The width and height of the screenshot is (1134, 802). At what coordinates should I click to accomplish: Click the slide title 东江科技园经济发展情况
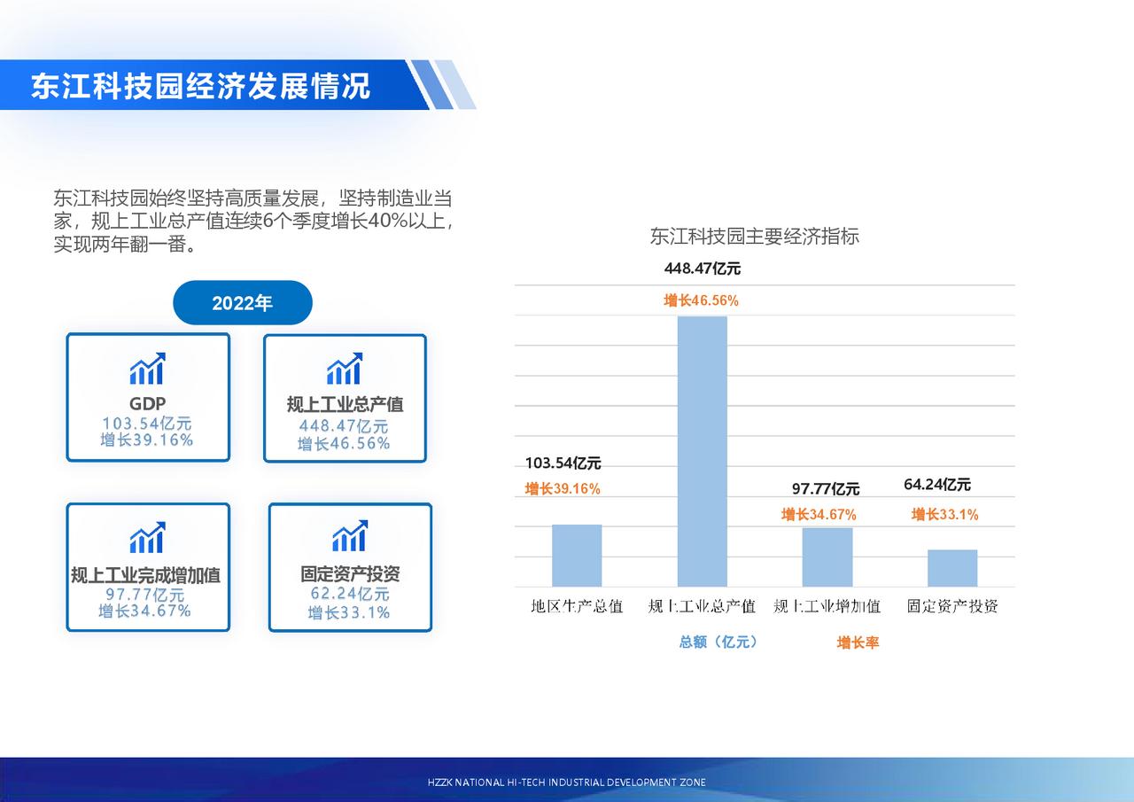(x=200, y=86)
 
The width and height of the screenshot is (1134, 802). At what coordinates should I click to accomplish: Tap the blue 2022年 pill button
(x=243, y=303)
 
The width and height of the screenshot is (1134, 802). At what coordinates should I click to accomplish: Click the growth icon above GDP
(x=148, y=369)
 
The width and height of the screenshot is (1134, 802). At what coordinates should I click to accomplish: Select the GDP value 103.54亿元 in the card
(x=147, y=424)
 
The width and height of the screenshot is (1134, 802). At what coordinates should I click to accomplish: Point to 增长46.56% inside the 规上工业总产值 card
(x=344, y=443)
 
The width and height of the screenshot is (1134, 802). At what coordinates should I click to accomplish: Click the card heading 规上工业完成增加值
(x=146, y=576)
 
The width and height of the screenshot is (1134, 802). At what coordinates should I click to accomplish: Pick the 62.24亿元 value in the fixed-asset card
(x=350, y=594)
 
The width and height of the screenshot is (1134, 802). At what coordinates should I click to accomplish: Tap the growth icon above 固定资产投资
(x=350, y=535)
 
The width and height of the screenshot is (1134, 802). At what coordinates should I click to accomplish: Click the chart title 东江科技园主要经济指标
(x=755, y=237)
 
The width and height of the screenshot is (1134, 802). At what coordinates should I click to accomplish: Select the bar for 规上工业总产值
(x=703, y=452)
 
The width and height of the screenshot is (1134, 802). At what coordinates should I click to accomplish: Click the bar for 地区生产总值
(x=577, y=556)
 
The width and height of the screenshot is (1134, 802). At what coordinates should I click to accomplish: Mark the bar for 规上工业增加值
(x=827, y=557)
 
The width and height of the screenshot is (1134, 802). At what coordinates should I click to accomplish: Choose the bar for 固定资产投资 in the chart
(x=952, y=568)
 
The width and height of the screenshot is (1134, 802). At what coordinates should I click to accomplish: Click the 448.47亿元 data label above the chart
(x=703, y=269)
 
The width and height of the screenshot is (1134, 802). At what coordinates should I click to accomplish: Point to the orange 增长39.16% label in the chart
(x=563, y=488)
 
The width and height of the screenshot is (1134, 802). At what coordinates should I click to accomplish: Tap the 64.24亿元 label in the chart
(x=937, y=485)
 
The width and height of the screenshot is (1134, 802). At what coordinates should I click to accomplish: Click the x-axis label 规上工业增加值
(x=827, y=606)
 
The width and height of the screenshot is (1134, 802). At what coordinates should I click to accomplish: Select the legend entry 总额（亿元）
(x=718, y=642)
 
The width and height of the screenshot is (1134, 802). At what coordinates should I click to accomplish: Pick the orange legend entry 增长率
(x=858, y=642)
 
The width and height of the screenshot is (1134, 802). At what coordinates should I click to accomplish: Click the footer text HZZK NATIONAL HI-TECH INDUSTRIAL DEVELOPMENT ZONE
(x=566, y=783)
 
